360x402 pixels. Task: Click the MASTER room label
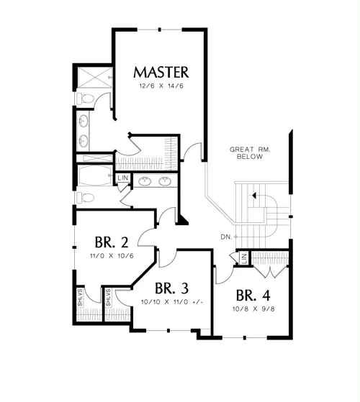(x=161, y=73)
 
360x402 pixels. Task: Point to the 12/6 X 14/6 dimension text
(x=161, y=86)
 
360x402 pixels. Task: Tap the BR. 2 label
(x=112, y=242)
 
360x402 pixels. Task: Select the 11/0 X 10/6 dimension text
(x=112, y=256)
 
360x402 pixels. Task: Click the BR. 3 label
(x=171, y=288)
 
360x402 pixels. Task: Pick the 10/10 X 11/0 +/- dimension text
(x=172, y=302)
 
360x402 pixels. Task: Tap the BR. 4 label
(x=253, y=296)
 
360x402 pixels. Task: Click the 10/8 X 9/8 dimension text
(x=253, y=309)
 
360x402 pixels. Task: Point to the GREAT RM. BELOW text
(x=250, y=152)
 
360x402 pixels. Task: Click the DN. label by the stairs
(x=226, y=237)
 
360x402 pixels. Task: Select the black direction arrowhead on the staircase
(x=254, y=196)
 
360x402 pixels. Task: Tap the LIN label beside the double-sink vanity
(x=122, y=178)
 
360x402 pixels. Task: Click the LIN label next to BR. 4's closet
(x=244, y=258)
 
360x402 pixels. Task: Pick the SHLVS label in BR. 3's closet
(x=108, y=298)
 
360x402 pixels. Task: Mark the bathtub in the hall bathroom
(x=95, y=175)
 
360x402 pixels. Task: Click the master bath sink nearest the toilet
(x=84, y=121)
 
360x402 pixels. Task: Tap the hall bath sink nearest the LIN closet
(x=145, y=181)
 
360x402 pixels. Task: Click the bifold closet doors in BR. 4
(x=270, y=272)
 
